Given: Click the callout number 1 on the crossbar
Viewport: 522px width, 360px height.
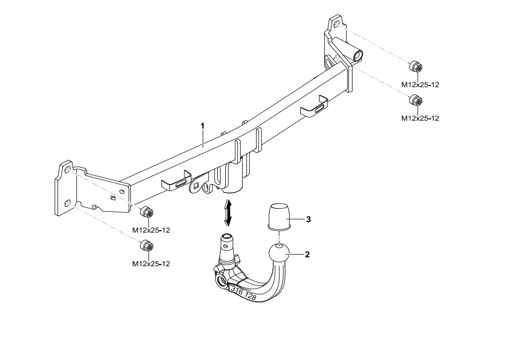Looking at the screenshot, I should coord(202,126).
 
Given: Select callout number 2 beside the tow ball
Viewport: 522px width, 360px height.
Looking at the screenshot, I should coord(307,254).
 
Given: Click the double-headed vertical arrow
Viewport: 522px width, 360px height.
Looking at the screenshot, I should coord(228,212).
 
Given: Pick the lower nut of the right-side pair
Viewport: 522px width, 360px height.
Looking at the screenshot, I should coord(415,100).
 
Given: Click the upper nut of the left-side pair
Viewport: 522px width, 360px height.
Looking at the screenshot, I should coord(147,212).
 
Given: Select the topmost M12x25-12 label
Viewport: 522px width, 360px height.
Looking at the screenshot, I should coord(420,85).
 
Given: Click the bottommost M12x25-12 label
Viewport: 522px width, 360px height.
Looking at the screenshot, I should coord(151,264).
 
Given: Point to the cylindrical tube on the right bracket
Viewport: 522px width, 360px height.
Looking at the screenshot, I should coord(356,54).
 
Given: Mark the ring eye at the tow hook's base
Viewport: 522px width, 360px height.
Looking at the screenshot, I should coord(220,281).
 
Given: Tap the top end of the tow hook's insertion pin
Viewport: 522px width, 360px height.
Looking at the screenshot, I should coord(226,237).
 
